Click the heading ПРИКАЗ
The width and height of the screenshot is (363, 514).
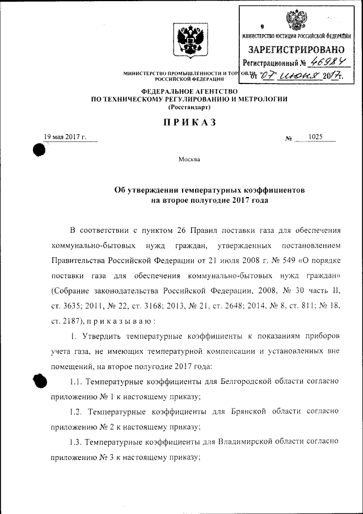pos(190,122)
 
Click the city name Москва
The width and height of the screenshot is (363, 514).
pos(189,159)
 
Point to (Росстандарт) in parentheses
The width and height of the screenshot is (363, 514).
pos(189,107)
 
